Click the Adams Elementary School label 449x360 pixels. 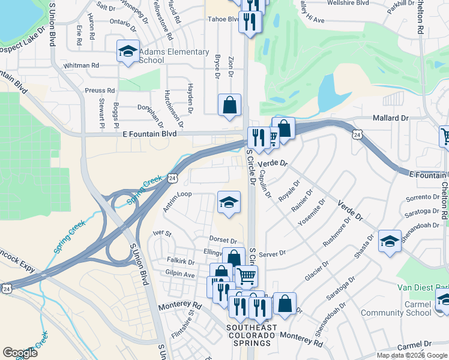[x=174, y=56]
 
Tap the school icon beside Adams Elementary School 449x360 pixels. [x=128, y=52]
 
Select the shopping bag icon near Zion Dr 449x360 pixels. [x=229, y=106]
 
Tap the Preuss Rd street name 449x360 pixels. [x=100, y=91]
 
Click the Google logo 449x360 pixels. [x=20, y=352]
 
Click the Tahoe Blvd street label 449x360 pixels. [x=223, y=19]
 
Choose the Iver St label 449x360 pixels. [x=162, y=233]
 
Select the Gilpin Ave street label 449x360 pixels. [x=180, y=274]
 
